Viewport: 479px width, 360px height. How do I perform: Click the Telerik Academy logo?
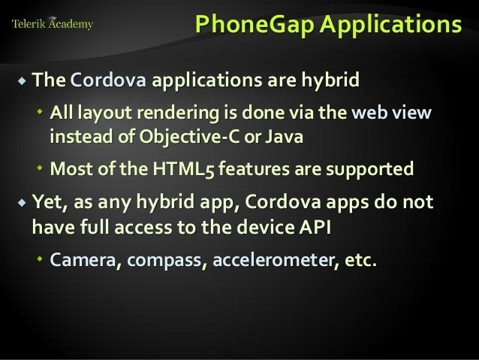(x=53, y=23)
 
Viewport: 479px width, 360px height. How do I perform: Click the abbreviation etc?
(x=360, y=261)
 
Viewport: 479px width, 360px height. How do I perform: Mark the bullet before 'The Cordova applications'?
(x=21, y=80)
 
